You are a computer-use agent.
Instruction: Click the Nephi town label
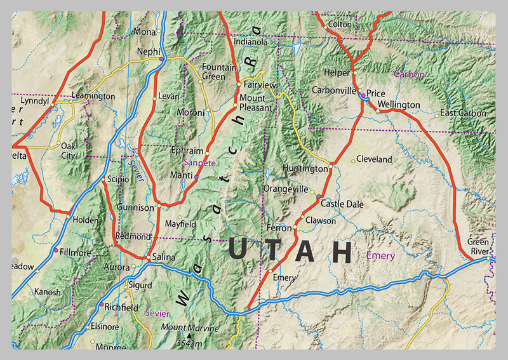149,51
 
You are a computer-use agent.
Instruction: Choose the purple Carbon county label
409,74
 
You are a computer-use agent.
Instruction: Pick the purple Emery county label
380,256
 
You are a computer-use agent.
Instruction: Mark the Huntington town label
307,170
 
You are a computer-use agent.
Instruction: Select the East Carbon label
463,114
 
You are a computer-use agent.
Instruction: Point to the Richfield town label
121,307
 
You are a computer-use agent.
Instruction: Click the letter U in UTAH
237,251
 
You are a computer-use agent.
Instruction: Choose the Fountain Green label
219,72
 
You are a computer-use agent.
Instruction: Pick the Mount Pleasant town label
252,103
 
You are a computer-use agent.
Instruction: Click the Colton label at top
340,24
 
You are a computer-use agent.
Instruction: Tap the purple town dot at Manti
196,178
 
